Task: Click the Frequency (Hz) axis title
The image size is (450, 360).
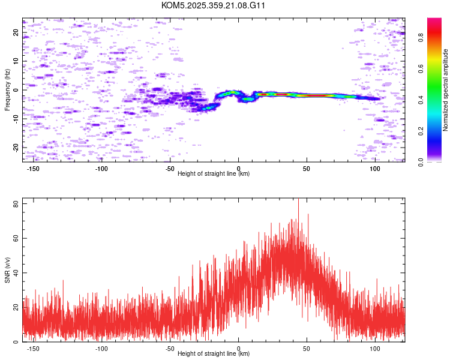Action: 7,90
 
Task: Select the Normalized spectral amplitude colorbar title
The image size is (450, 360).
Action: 446,90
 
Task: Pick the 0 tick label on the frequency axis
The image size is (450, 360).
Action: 16,90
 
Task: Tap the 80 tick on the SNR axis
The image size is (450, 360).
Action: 16,204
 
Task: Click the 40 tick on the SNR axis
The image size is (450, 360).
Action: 16,273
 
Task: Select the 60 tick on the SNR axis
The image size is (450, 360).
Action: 16,239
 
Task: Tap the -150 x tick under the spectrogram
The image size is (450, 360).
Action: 33,169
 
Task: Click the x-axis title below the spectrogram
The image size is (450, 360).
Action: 214,174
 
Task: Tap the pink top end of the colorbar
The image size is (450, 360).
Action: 434,21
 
